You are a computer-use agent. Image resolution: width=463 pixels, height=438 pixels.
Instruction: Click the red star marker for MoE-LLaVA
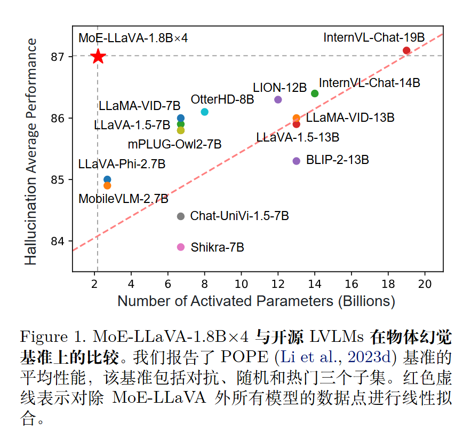tap(98, 56)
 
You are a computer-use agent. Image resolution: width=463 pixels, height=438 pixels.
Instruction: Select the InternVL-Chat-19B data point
tap(406, 50)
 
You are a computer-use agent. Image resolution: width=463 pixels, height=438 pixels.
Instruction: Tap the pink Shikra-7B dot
tap(181, 247)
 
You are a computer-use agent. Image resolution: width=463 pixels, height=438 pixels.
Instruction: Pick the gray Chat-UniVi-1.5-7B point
tap(181, 216)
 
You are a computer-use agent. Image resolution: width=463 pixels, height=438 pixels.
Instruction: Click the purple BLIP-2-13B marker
tap(297, 161)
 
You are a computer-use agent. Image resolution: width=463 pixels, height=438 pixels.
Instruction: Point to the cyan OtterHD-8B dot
tap(204, 112)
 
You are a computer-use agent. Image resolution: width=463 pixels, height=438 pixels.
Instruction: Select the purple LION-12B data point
tap(278, 99)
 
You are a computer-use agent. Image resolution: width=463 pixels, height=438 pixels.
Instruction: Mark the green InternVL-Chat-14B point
tap(315, 93)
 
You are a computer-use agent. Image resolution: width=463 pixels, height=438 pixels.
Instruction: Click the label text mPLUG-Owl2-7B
tap(174, 144)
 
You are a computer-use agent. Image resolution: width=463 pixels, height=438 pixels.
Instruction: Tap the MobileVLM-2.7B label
tap(123, 199)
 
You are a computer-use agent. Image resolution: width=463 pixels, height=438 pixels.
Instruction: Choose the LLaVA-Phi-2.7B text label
tap(122, 165)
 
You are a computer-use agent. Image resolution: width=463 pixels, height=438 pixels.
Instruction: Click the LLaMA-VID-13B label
tap(350, 118)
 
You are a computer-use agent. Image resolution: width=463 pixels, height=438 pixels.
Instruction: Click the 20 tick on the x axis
tap(425, 283)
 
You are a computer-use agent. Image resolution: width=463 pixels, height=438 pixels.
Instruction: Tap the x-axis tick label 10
tap(241, 283)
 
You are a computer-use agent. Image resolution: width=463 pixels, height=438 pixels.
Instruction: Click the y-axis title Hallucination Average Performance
tap(31, 151)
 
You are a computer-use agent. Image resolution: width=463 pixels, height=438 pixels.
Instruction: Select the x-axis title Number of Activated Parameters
tap(256, 301)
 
